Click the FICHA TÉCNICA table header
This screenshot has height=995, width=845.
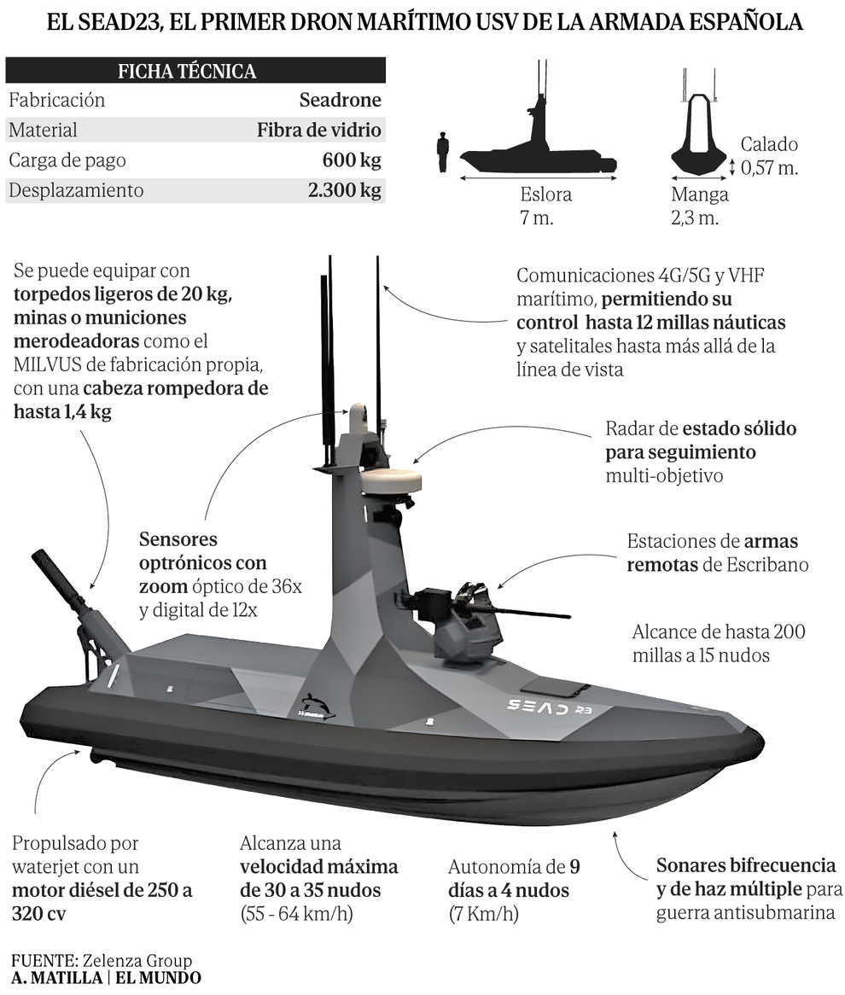pyautogui.click(x=187, y=71)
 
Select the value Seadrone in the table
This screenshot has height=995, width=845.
pyautogui.click(x=340, y=100)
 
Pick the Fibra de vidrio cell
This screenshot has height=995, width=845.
pyautogui.click(x=318, y=131)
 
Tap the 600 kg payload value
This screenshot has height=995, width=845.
pyautogui.click(x=352, y=160)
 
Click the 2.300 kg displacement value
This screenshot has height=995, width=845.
pyautogui.click(x=344, y=190)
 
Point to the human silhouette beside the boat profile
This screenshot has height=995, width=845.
pyautogui.click(x=442, y=153)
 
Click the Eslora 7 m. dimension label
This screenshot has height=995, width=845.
pyautogui.click(x=545, y=206)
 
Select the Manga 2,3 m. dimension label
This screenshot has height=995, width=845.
pyautogui.click(x=699, y=206)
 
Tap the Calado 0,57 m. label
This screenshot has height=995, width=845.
pyautogui.click(x=769, y=155)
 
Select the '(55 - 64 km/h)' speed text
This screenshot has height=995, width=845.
pyautogui.click(x=296, y=915)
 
